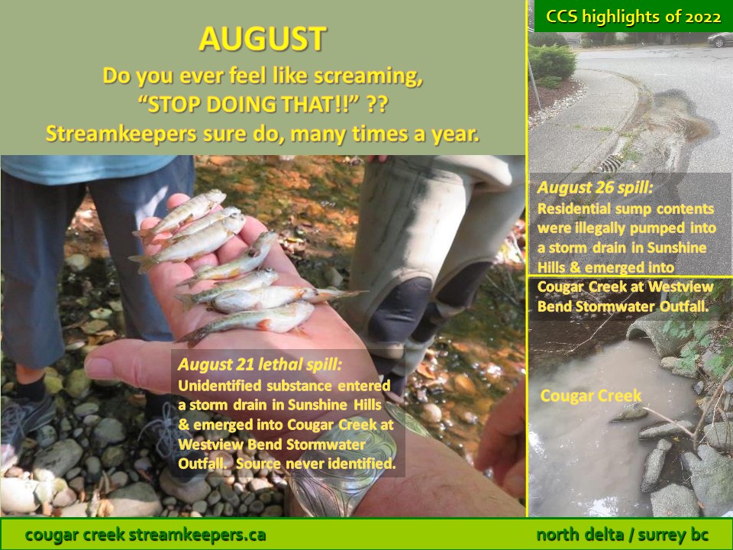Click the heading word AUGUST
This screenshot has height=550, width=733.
coord(262,39)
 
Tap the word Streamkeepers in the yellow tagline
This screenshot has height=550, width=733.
coord(121,134)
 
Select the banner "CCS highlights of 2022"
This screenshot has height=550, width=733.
coord(634,17)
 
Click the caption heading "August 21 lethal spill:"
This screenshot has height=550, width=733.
coord(260,364)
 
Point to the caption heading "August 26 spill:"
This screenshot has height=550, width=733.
coord(595,188)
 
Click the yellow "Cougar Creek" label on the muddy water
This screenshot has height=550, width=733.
coord(591,396)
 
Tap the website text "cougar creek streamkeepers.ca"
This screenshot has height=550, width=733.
coord(145,535)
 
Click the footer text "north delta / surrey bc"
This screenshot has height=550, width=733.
coord(623,535)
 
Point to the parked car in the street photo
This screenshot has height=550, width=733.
coord(720,40)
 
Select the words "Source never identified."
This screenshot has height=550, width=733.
coord(315,464)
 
